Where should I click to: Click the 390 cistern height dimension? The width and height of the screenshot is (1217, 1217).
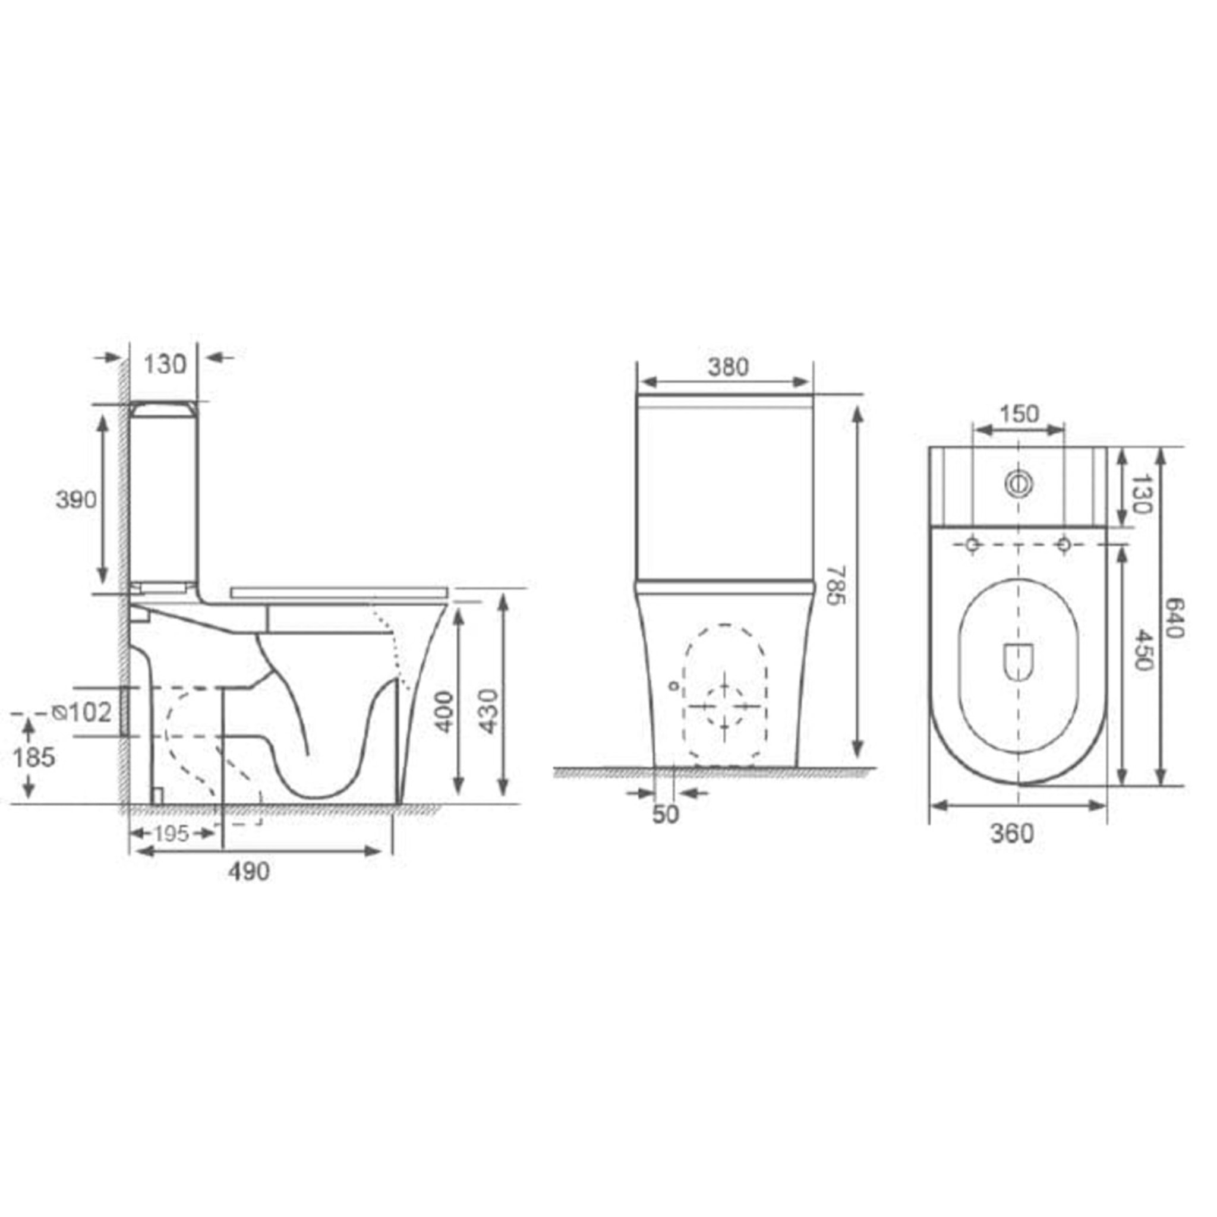76,500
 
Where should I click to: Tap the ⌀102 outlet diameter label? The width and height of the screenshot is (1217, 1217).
82,712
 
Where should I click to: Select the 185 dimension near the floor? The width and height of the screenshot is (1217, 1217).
34,757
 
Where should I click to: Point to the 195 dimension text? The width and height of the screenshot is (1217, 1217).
171,833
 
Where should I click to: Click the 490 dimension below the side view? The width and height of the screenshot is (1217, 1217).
250,872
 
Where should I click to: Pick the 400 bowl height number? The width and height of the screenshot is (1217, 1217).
444,712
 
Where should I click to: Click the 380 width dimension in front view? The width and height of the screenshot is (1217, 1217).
728,367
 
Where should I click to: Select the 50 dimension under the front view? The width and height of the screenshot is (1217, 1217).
665,815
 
